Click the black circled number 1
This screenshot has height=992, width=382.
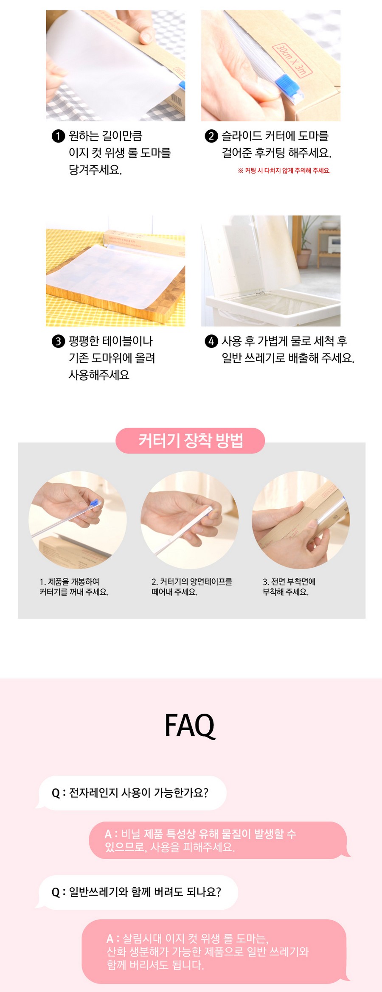point(58,136)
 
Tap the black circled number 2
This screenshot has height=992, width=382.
point(211,136)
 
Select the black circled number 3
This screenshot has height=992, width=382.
point(58,341)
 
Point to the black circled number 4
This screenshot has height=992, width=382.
point(211,341)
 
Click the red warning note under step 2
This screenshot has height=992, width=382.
point(284,171)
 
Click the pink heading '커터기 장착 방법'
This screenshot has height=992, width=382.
point(191,440)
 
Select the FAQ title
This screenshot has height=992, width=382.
point(190,725)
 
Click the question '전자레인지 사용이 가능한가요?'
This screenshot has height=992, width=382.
point(130,793)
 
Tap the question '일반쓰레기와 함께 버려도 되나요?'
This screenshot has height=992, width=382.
point(136,892)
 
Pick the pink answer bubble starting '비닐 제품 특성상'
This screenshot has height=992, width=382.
point(219,840)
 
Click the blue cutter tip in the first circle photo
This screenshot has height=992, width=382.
point(95,504)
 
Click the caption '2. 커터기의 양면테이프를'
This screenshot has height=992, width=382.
point(192,582)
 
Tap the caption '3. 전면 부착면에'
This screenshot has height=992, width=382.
point(289,582)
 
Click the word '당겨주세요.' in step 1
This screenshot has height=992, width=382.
point(95,170)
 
